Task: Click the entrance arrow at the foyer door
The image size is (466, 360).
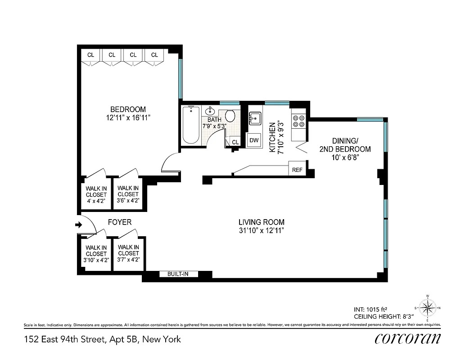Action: [x=79, y=225]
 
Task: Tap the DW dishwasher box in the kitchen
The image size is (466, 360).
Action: [x=254, y=140]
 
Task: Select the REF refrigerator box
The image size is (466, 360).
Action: [x=297, y=170]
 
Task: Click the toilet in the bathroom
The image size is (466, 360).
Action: [x=230, y=116]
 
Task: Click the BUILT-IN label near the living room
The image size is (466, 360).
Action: [x=178, y=274]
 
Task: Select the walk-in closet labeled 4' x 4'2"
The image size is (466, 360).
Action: [x=96, y=194]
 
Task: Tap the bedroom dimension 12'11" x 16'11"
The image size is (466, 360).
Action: [x=128, y=117]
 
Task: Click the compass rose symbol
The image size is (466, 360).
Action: [x=428, y=308]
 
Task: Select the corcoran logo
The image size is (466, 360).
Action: [x=408, y=338]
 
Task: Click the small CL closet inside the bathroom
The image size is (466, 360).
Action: [x=235, y=142]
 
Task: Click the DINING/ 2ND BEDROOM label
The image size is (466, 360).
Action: [x=345, y=145]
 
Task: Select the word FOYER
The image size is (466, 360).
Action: [x=120, y=222]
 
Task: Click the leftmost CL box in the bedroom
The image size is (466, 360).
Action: [x=91, y=55]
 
